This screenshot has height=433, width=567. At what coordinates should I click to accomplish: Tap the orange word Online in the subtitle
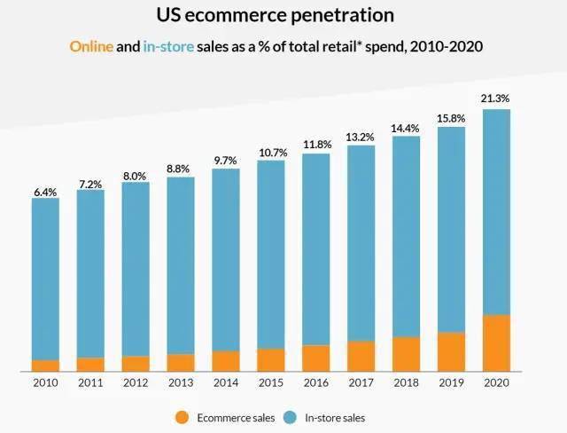(x=91, y=46)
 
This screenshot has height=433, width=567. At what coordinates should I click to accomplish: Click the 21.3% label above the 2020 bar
(x=496, y=98)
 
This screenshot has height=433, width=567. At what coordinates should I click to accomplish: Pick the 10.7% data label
(x=271, y=151)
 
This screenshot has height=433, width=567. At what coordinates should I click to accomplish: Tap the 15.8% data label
(x=451, y=116)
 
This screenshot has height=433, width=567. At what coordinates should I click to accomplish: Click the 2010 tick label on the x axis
(x=46, y=382)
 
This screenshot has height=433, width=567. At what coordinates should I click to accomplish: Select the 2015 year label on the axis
(x=271, y=382)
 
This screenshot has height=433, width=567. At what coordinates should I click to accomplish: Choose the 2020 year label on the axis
(x=496, y=382)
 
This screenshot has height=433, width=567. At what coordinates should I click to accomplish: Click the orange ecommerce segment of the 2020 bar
(x=496, y=343)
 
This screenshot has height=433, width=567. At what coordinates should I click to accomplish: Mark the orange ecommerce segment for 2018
(x=406, y=354)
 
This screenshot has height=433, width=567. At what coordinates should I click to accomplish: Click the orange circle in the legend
(x=183, y=417)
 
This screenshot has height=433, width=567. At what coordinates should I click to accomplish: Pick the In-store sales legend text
(x=335, y=417)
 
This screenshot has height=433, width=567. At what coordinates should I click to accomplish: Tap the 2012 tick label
(x=136, y=382)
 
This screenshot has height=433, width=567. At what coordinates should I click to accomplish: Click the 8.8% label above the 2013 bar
(x=181, y=168)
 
